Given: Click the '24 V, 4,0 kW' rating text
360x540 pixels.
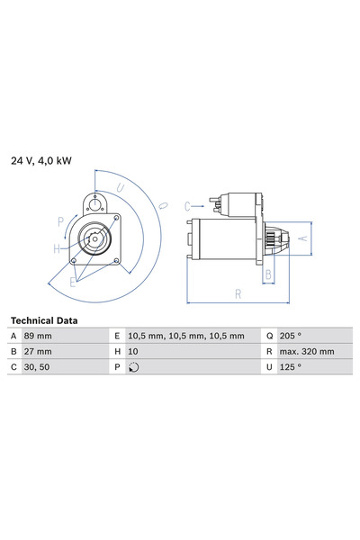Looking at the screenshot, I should [x=41, y=161].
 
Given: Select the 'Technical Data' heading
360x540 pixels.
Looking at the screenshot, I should [x=43, y=320].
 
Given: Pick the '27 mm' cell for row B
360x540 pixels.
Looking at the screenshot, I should [x=39, y=351].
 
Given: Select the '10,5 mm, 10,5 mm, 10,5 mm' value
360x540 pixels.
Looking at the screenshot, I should [x=185, y=336].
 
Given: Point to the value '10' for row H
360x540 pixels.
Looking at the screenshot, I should [x=134, y=351].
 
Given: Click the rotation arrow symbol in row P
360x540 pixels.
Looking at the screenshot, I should [x=134, y=367].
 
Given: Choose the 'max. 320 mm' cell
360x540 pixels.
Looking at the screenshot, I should [x=308, y=351].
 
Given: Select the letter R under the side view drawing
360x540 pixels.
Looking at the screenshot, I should [x=238, y=293].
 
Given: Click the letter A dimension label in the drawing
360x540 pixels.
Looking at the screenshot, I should [x=302, y=238].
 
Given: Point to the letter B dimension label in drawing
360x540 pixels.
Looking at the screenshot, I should [x=268, y=274].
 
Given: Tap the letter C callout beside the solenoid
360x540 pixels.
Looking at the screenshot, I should [x=188, y=206].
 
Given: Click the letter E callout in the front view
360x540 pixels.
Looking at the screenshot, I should [x=74, y=281].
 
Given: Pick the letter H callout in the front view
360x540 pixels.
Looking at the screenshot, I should [x=56, y=248].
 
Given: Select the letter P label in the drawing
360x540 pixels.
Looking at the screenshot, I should [x=60, y=220].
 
